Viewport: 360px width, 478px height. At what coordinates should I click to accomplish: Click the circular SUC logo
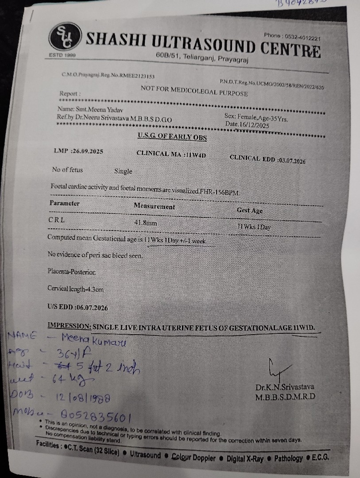(63, 36)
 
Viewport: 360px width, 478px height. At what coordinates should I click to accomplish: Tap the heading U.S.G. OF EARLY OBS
(172, 137)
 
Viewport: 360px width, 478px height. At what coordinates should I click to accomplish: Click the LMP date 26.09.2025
(88, 151)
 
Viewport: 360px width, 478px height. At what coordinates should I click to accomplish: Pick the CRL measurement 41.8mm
(146, 223)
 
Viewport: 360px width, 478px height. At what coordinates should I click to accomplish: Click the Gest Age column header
(249, 210)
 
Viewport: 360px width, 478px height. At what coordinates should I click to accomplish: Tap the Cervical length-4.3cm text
(76, 289)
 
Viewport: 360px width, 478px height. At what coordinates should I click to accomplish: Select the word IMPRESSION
(70, 325)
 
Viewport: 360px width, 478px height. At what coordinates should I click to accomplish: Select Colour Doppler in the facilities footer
(194, 458)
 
